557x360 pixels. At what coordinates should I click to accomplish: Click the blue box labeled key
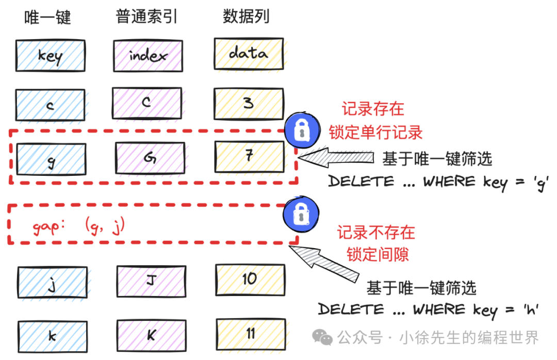(x=50, y=56)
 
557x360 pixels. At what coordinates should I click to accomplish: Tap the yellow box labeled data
(x=248, y=53)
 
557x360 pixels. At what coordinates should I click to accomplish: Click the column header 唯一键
(x=47, y=17)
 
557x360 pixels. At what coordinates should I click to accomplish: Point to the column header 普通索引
(x=147, y=17)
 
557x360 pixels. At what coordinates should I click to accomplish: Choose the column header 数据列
(x=246, y=17)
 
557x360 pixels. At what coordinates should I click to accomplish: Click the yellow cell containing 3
(x=249, y=104)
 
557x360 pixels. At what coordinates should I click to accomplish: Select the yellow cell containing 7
(x=249, y=156)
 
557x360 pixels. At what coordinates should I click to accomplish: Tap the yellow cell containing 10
(x=250, y=280)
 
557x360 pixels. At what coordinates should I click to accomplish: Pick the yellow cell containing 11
(x=250, y=334)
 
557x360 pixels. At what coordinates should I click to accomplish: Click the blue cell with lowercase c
(x=50, y=106)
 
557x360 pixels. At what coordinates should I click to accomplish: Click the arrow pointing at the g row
(x=338, y=158)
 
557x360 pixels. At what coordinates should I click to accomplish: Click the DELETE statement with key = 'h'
(x=428, y=310)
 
